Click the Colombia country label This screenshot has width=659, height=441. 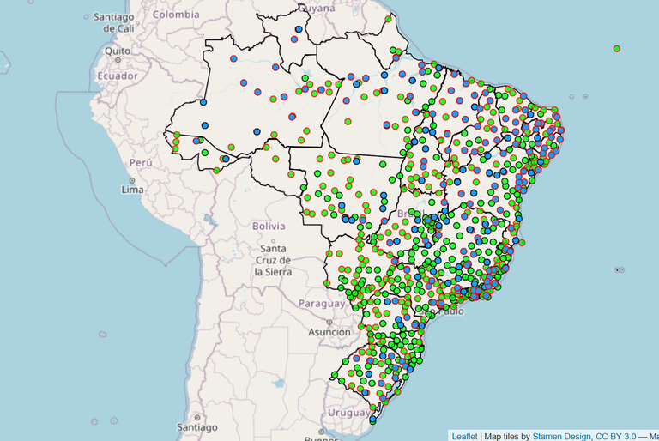[176, 14]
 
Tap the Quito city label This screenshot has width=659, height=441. [117, 50]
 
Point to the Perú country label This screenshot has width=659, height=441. [141, 161]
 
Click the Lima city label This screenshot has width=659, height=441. [132, 189]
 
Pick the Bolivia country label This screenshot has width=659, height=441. [268, 226]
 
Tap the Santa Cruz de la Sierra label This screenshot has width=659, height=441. [272, 259]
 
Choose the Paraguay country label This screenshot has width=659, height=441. [320, 303]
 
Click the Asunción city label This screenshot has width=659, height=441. [330, 332]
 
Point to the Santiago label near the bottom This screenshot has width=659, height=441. [198, 426]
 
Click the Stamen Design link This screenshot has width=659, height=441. [560, 436]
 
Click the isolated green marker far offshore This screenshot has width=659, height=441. [617, 48]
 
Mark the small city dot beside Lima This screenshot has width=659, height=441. [123, 181]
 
